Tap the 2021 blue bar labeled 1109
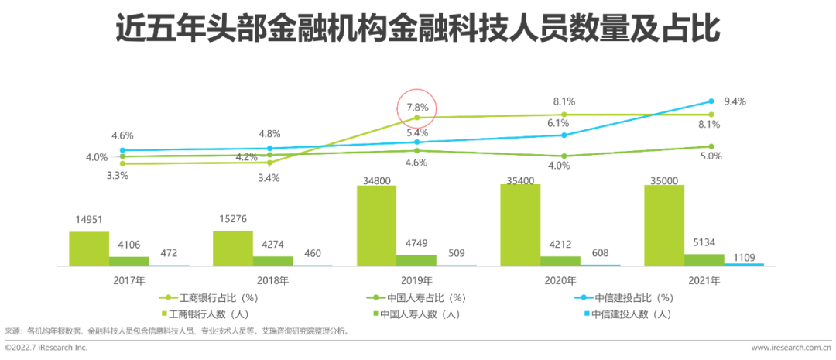(744, 264)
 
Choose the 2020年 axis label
(560, 279)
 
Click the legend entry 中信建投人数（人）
(629, 314)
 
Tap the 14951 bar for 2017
(89, 249)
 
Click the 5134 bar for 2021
(704, 259)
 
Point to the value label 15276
(233, 219)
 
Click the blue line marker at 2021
(711, 101)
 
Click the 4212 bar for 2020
(560, 261)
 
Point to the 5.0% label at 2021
(711, 156)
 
